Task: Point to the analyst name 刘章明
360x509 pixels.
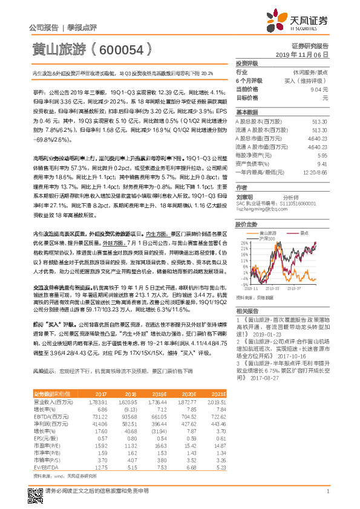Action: point(245,196)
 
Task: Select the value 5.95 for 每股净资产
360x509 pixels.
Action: point(322,155)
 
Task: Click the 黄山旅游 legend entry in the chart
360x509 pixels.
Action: point(268,232)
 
